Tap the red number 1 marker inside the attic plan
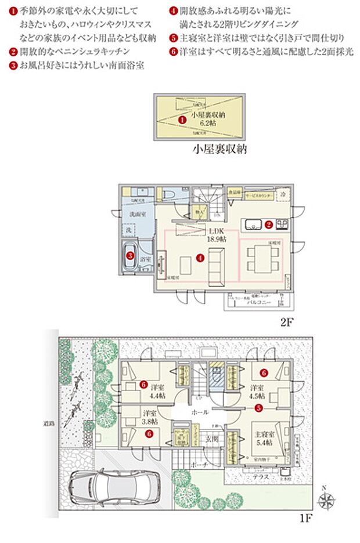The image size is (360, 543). click(x=182, y=120)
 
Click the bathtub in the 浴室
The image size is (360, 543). click(x=131, y=256)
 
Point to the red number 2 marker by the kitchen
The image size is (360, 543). click(x=269, y=223)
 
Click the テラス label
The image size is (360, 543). click(x=261, y=476)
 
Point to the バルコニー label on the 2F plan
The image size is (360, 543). click(x=255, y=302)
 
